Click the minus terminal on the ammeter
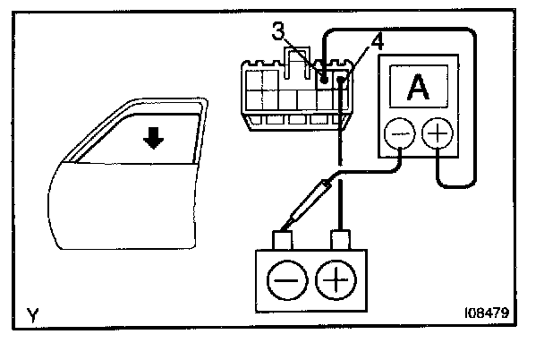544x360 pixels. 396,135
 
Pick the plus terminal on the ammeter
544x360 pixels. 438,135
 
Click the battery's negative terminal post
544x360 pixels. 285,241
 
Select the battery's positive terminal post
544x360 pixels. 340,240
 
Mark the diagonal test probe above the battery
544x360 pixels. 310,202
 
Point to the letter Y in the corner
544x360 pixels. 33,314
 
